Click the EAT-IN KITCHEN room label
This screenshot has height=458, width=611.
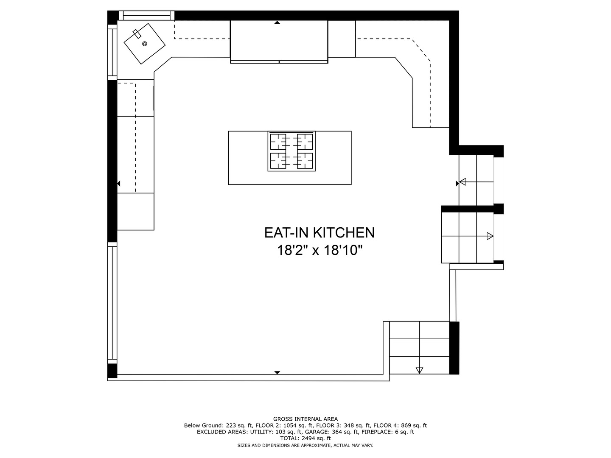[319, 233]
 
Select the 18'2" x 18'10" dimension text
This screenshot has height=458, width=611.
[320, 250]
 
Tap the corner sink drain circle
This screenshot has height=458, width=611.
[144, 44]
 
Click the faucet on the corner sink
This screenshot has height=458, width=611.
[137, 34]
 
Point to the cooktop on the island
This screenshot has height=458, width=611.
[291, 151]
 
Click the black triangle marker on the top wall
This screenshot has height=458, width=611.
[277, 22]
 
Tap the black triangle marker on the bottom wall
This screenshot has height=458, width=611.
[277, 372]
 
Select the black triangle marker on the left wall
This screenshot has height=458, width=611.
[118, 184]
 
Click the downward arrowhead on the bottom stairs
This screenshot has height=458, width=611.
[419, 370]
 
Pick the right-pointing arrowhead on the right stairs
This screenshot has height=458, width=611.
[490, 236]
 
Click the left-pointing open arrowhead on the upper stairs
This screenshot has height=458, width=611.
[462, 182]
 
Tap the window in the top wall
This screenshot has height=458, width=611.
[147, 15]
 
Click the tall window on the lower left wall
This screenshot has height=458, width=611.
[112, 303]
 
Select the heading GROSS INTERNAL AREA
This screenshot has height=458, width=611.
[305, 419]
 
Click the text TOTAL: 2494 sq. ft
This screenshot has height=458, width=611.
[305, 438]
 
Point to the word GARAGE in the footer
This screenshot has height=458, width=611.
[316, 432]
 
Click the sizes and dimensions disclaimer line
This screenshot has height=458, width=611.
[305, 445]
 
